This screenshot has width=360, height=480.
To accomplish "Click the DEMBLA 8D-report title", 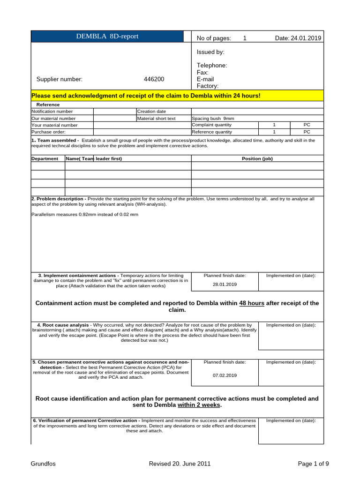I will pos(107,37).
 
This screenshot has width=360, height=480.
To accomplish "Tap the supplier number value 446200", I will pos(155,79).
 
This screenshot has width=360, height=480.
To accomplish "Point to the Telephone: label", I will pos(212,66).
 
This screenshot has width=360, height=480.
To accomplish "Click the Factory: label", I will pos(208,86).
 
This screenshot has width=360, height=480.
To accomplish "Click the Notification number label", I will pos(52,112).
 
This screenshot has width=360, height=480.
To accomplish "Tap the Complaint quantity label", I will pos(212,125).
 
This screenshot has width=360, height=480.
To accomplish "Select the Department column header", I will pos(45,159).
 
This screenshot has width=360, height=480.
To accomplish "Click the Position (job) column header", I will pos(257,159).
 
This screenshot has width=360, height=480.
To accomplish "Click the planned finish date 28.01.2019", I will pos(225,285).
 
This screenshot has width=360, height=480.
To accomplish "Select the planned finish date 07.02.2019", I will pos(225,375).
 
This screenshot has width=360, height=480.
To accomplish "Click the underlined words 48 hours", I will pos(252,303).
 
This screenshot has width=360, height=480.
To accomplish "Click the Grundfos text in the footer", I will pos(43,464).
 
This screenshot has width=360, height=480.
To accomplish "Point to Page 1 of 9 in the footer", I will pos(313,464).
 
